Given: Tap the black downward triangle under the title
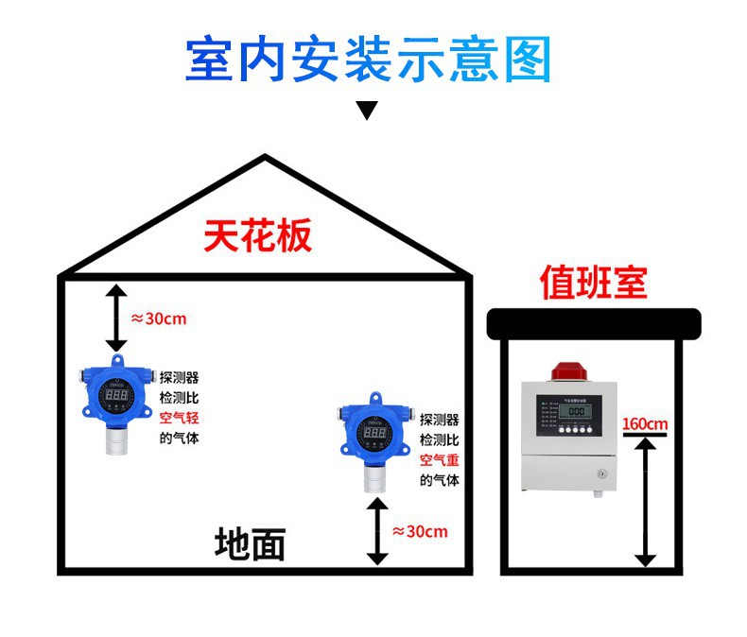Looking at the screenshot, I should click(x=367, y=110).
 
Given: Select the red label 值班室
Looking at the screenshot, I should click(x=593, y=281).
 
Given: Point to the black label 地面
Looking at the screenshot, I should click(x=250, y=544).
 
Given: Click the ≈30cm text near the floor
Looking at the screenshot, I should click(x=420, y=532).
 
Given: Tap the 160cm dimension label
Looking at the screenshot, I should click(x=645, y=422).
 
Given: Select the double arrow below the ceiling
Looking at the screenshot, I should click(x=115, y=318).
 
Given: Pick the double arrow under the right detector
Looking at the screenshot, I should click(x=377, y=531).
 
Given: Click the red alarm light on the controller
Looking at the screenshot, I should click(x=566, y=370).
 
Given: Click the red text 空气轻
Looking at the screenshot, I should click(x=179, y=418).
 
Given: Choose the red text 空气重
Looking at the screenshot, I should click(x=440, y=460).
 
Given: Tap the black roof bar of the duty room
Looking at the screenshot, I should click(x=593, y=323).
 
